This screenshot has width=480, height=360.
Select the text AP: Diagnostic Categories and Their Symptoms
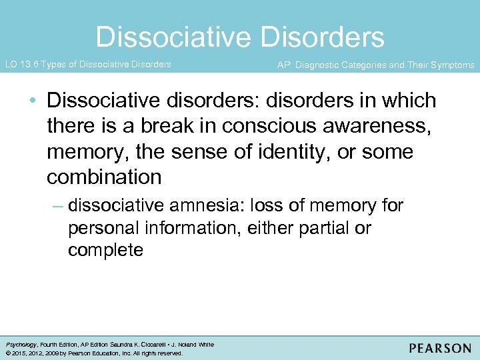[375, 65]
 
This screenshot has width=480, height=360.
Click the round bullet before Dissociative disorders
[33, 102]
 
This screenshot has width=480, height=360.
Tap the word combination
[104, 177]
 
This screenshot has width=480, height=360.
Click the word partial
[331, 228]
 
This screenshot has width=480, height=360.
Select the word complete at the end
[105, 251]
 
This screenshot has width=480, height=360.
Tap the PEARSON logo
[440, 348]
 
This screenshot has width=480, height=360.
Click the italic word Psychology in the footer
[21, 345]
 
